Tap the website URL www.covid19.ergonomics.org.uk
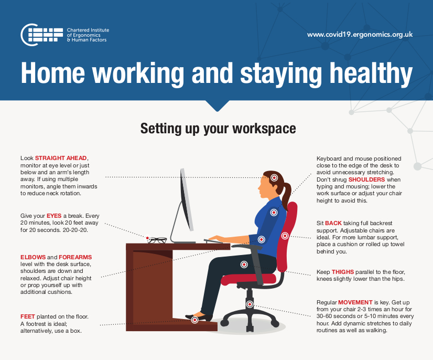pyautogui.click(x=360, y=34)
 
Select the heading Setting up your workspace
pyautogui.click(x=218, y=129)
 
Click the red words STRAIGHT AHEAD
pyautogui.click(x=61, y=158)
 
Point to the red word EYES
pyautogui.click(x=54, y=216)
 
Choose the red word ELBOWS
pyautogui.click(x=34, y=257)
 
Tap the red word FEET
pyautogui.click(x=28, y=316)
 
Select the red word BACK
pyautogui.click(x=333, y=223)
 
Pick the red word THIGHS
pyautogui.click(x=343, y=272)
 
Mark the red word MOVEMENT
pyautogui.click(x=355, y=303)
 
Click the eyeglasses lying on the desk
pyautogui.click(x=157, y=240)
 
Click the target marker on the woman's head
pyautogui.click(x=274, y=178)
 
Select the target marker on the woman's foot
pyautogui.click(x=194, y=319)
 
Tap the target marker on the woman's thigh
pyautogui.click(x=244, y=264)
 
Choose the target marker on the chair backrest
pyautogui.click(x=285, y=235)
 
